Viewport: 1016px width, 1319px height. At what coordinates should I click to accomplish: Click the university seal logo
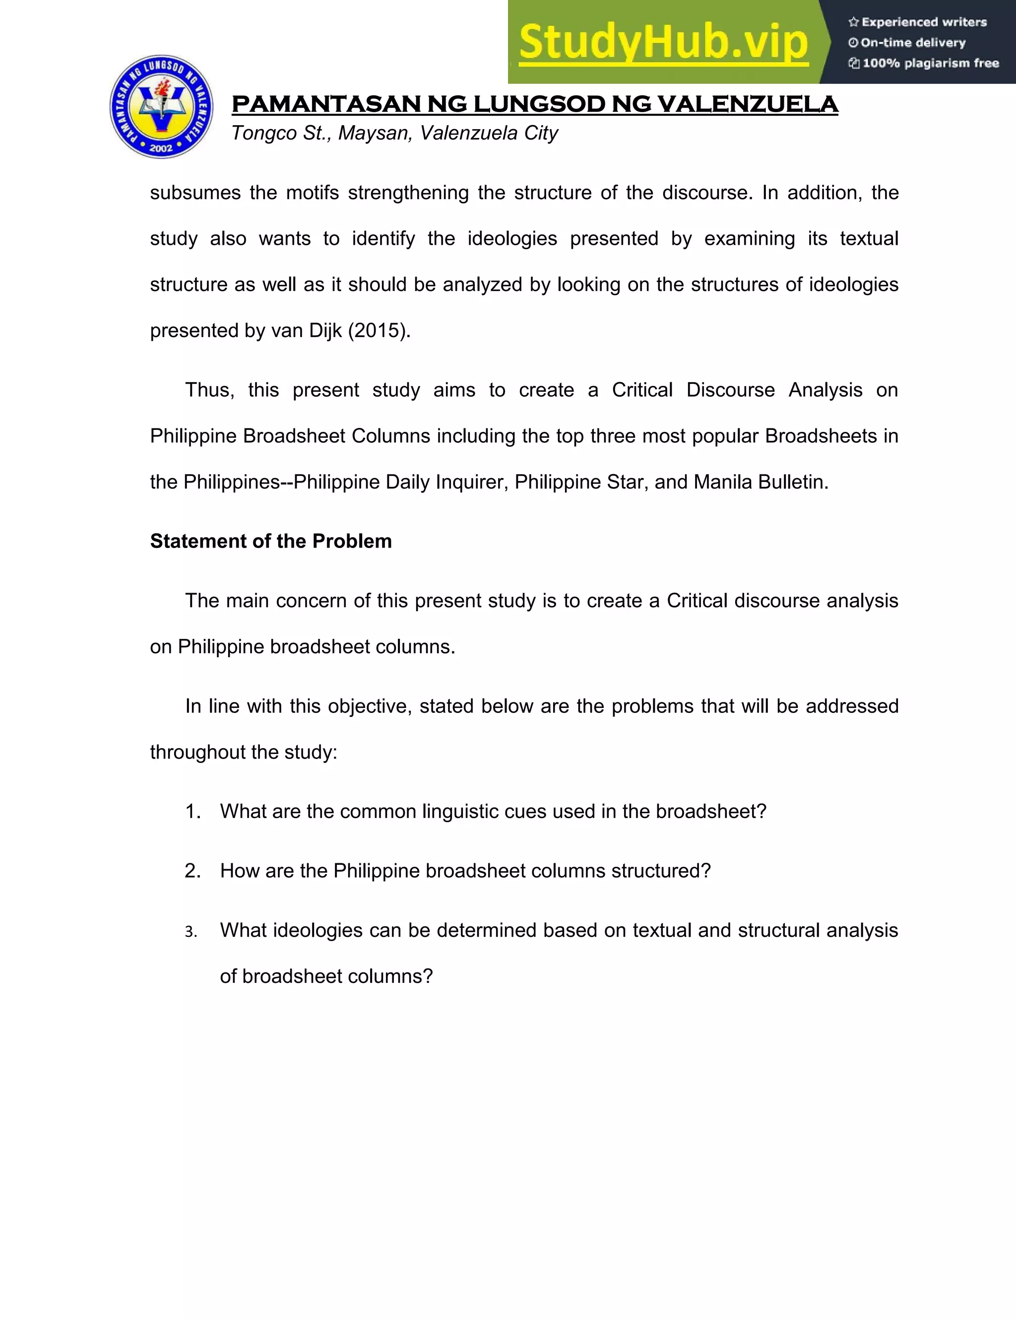pos(161,107)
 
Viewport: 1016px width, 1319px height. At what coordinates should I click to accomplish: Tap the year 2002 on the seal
pos(161,147)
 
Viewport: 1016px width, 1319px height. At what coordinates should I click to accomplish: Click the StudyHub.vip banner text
pos(663,42)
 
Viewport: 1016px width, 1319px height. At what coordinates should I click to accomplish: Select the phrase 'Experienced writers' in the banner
pos(924,22)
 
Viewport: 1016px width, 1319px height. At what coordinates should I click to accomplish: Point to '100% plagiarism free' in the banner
pos(930,63)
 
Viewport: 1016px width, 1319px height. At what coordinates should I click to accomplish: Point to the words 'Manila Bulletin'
pos(761,482)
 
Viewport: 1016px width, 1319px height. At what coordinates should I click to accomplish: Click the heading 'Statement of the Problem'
pos(271,541)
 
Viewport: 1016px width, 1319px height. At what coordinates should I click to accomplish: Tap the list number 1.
pos(192,811)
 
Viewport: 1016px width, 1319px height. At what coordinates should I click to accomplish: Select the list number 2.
pos(192,871)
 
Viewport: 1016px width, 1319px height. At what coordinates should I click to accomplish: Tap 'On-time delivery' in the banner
pos(913,43)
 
